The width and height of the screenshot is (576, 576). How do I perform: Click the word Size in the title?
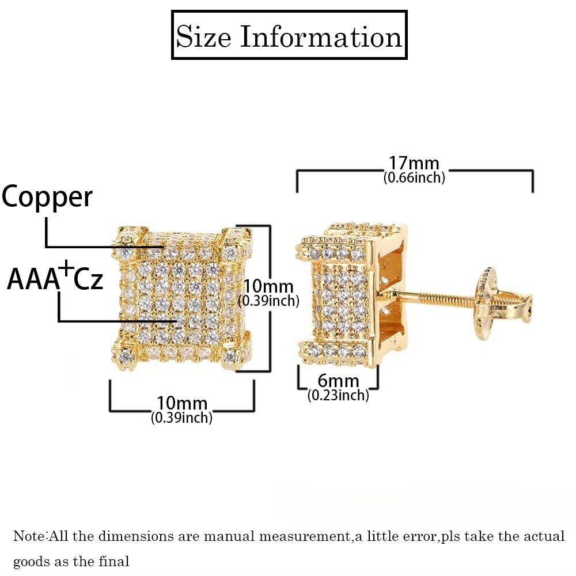tap(203, 36)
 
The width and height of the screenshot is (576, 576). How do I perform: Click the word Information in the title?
tap(320, 36)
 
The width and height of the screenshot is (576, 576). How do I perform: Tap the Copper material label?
tap(47, 197)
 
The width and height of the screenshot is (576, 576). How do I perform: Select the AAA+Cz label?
tap(55, 279)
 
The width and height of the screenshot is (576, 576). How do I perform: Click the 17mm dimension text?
tap(414, 164)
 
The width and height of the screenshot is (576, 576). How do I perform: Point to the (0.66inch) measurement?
tap(414, 178)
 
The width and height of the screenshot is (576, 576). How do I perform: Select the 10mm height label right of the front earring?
tap(268, 286)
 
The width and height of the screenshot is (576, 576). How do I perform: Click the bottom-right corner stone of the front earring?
tap(233, 355)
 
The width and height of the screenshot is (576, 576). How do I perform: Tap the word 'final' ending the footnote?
tap(116, 561)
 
